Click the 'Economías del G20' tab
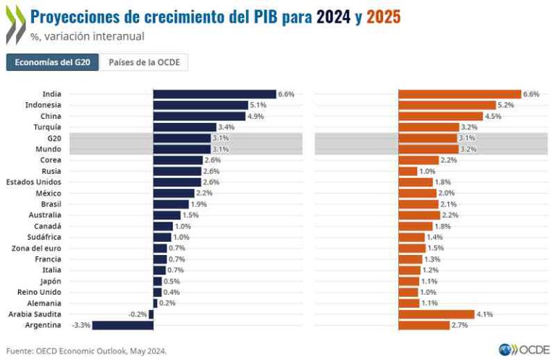click(53, 63)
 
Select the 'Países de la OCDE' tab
click(144, 63)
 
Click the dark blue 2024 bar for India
click(214, 94)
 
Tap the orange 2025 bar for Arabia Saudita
click(437, 314)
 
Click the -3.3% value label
click(81, 325)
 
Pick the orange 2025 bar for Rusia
click(408, 171)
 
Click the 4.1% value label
click(484, 314)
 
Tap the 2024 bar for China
click(199, 116)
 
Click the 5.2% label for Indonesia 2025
click(506, 105)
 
